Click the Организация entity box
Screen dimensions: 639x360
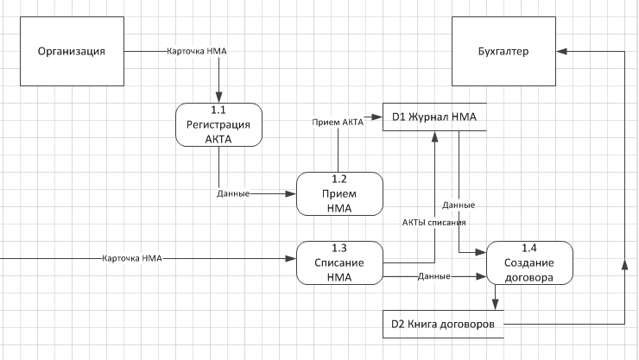(73, 51)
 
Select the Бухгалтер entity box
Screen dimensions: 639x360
(503, 51)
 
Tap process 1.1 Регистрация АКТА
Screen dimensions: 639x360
(218, 124)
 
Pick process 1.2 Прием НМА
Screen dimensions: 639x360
(339, 194)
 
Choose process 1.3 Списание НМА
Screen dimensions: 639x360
(339, 262)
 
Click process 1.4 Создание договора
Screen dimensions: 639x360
(530, 262)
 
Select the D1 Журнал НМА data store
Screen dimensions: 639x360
(434, 117)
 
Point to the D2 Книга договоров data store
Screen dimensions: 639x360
(443, 324)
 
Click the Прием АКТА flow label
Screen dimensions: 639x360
(338, 123)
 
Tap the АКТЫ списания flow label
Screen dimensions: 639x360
(434, 223)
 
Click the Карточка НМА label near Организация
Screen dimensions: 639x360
(196, 51)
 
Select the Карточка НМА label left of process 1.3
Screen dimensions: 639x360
(132, 258)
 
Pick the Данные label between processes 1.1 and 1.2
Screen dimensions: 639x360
(233, 194)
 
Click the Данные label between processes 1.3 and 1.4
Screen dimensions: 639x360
(434, 276)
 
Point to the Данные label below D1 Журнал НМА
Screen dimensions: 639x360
(459, 205)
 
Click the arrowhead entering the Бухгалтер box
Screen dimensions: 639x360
(561, 51)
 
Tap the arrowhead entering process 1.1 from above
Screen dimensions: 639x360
(218, 98)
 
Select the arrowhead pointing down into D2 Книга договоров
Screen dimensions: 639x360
(495, 305)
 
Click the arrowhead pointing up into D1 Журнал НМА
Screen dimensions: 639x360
(435, 136)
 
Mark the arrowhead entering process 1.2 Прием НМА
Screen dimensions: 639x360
(291, 194)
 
